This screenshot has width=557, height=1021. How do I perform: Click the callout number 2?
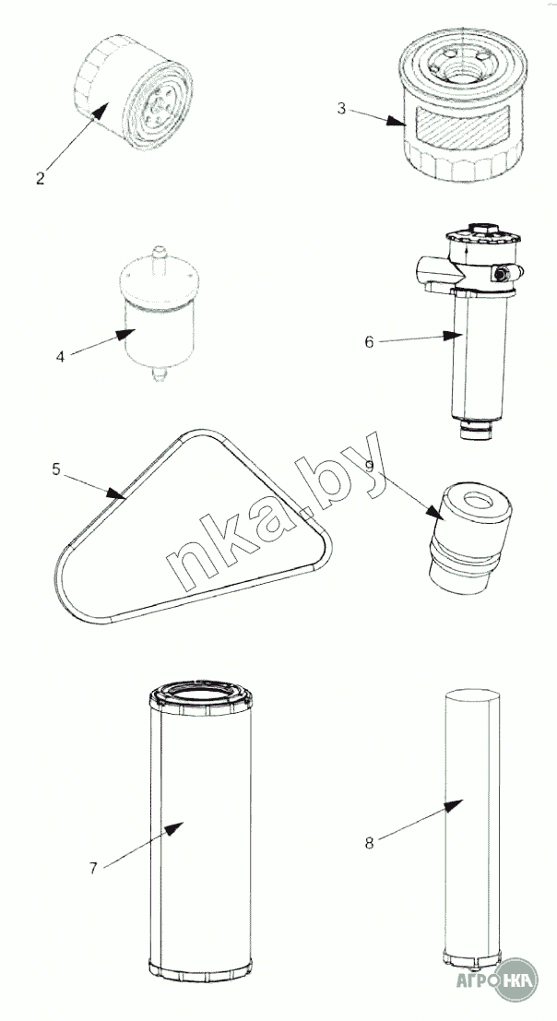41,178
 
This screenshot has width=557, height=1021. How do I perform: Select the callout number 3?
341,108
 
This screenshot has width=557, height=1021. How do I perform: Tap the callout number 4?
61,357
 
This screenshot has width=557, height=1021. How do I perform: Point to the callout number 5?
56,469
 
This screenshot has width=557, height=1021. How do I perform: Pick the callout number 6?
369,342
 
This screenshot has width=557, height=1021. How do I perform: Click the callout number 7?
93,868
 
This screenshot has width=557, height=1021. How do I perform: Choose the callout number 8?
369,843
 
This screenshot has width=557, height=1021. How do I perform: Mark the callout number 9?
369,465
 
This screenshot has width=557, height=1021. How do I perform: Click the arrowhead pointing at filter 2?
100,112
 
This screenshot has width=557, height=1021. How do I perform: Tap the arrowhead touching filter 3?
396,121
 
